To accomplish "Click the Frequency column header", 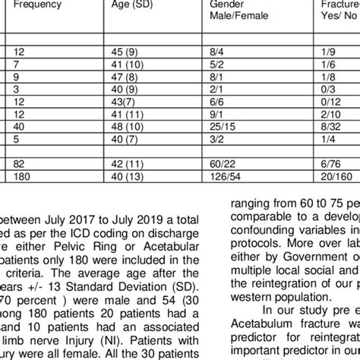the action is pos(35,6).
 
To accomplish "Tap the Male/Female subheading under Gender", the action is pos(229,20).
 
